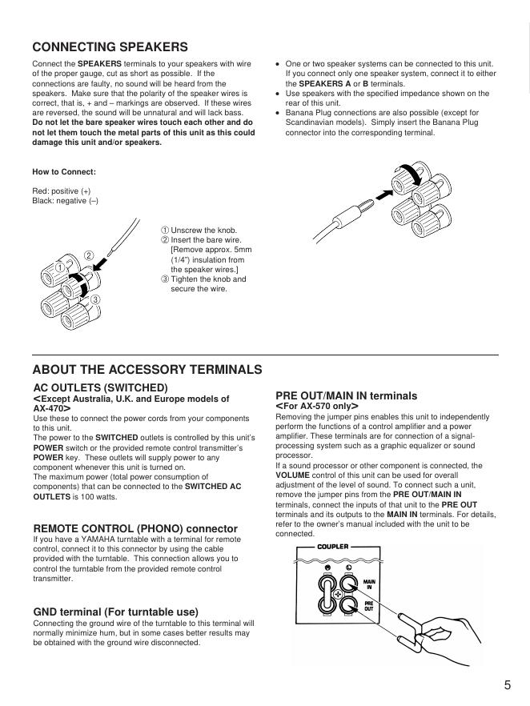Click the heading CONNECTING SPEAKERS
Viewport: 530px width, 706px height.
click(x=110, y=47)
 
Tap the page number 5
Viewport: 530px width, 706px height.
click(x=508, y=684)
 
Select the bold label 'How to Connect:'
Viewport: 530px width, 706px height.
click(x=64, y=171)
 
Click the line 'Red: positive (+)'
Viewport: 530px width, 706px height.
click(x=62, y=191)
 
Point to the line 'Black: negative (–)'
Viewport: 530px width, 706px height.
click(x=65, y=201)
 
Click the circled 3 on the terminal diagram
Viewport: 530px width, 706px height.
click(x=94, y=299)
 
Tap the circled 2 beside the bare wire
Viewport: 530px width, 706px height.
click(x=89, y=256)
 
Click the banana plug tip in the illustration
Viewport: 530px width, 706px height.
click(x=364, y=202)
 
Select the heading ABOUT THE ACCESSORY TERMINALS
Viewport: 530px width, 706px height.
click(x=147, y=370)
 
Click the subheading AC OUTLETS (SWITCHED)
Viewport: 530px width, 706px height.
click(x=100, y=387)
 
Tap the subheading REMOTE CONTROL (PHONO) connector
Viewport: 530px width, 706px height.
click(x=135, y=528)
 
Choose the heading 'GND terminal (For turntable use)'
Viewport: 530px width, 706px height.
click(x=115, y=612)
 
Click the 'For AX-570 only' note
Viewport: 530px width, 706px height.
click(x=316, y=407)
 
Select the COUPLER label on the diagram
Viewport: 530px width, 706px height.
click(x=333, y=547)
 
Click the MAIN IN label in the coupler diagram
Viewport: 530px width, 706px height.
click(x=368, y=584)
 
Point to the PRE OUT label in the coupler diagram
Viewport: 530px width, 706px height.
click(x=369, y=606)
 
